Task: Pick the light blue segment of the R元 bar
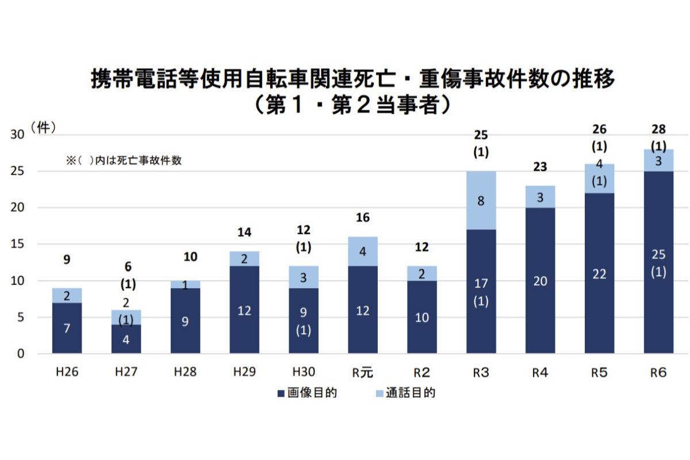pos(363,251)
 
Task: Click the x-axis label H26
pos(67,372)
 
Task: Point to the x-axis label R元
pos(363,372)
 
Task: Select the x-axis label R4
pos(539,372)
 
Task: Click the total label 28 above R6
pos(658,129)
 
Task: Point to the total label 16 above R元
pos(362,218)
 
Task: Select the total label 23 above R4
pos(539,167)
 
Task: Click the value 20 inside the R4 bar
pos(540,281)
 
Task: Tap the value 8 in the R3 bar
pos(481,201)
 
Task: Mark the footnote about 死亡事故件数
pos(124,161)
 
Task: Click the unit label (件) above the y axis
pos(44,128)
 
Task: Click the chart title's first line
pos(353,79)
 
